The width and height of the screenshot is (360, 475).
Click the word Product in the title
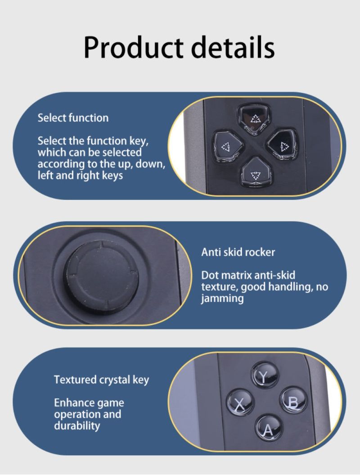tap(134, 47)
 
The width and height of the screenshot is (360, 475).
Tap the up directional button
tap(254, 119)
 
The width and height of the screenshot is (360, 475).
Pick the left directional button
tap(228, 147)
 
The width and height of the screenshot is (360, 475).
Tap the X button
tap(240, 403)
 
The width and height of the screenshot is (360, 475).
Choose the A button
tap(268, 428)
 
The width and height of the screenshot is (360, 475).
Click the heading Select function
tap(73, 118)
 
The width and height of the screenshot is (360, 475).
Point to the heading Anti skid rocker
tap(238, 252)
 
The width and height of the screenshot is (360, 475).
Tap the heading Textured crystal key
tap(101, 380)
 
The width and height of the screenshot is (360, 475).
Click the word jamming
tap(222, 299)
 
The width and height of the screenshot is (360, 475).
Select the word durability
tap(77, 425)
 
